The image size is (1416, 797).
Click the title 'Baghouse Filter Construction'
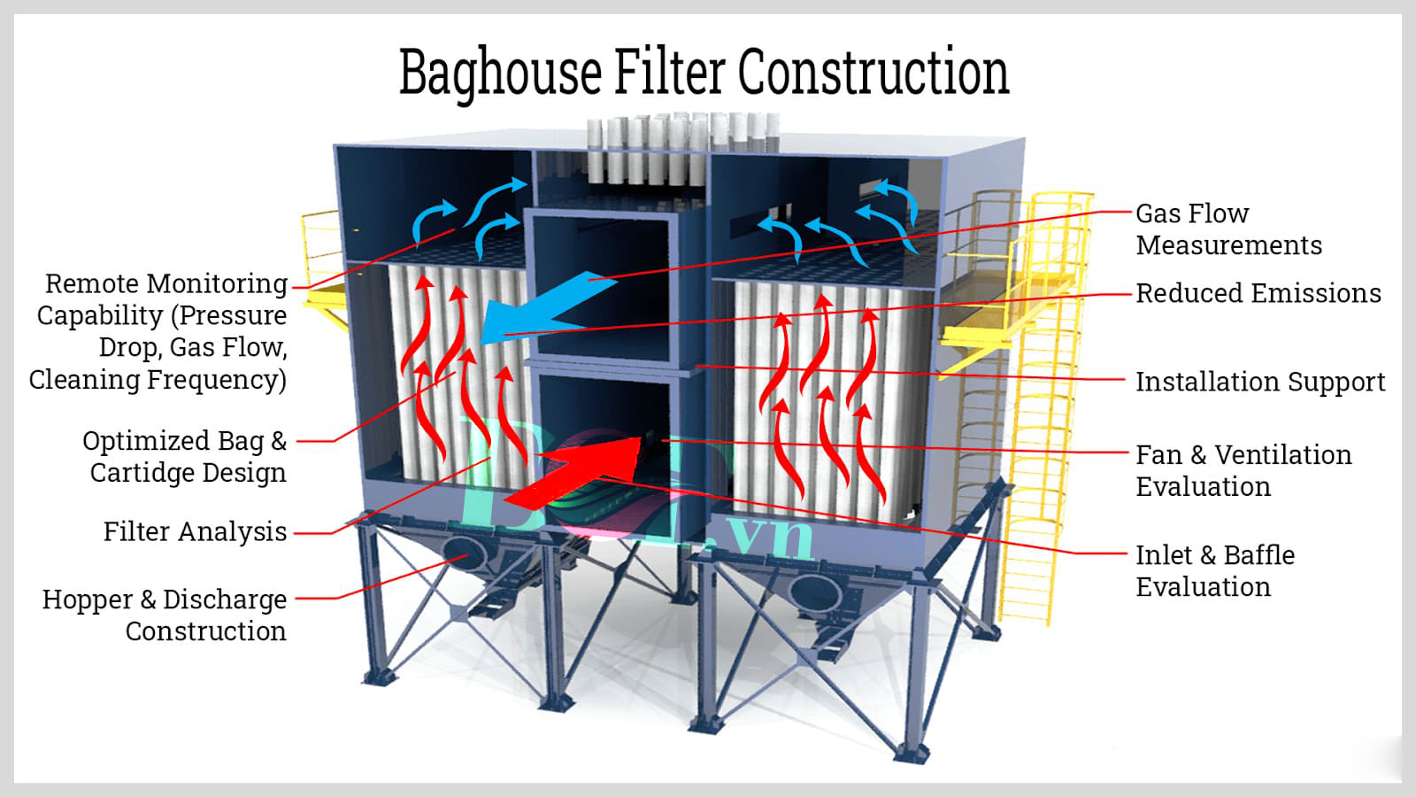pos(704,73)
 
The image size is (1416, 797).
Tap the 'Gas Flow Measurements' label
pos(1228,229)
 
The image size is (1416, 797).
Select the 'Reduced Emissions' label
pos(1258,293)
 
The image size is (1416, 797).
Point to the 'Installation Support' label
pos(1260,382)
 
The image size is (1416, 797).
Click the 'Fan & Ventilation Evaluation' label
pos(1243,470)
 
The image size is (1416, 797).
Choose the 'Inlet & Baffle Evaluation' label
pos(1215,571)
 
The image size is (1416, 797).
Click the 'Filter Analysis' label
pos(195,532)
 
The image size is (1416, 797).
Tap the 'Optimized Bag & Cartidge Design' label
pos(185,457)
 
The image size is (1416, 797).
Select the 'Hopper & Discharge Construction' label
pos(165,615)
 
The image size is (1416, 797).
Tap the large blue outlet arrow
pos(546,309)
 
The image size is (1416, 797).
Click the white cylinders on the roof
pos(682,150)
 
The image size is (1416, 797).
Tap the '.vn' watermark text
pos(766,538)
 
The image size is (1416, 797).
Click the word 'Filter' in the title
pos(669,72)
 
